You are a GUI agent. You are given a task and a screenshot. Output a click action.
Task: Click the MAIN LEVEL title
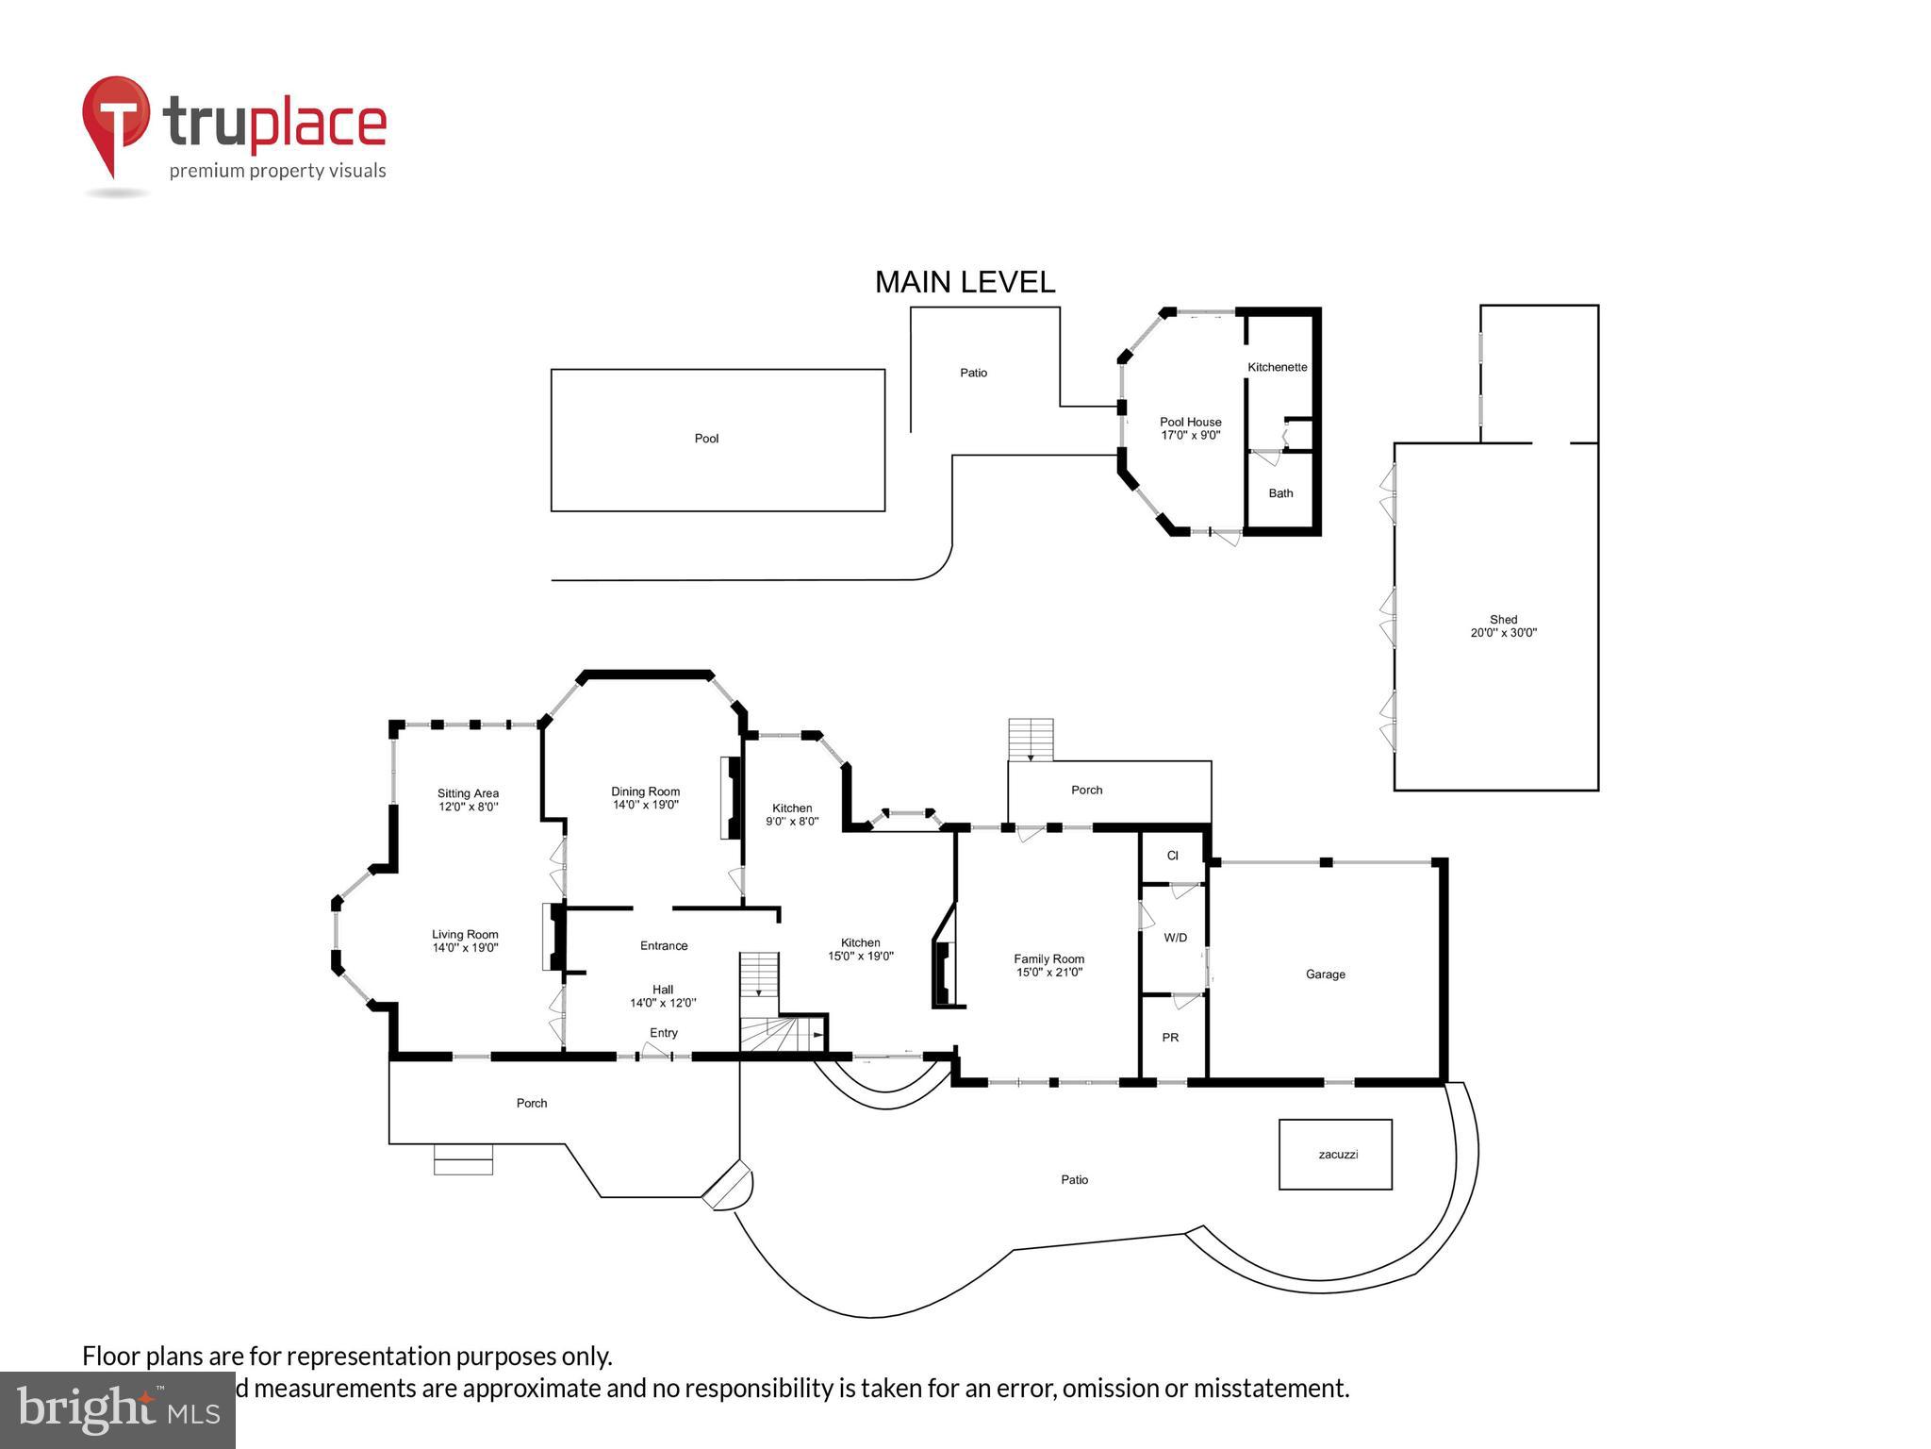click(965, 282)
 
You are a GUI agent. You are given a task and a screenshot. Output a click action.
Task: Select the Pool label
click(706, 439)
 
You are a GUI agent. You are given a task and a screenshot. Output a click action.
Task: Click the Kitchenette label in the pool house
click(1277, 367)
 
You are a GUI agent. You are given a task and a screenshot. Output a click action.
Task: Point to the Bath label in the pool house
click(1280, 493)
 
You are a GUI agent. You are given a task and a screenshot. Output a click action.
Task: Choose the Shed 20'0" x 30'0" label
click(1503, 626)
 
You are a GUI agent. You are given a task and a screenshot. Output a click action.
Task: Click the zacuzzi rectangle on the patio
click(1335, 1154)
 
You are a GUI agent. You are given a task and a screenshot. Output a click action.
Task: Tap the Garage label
click(1325, 974)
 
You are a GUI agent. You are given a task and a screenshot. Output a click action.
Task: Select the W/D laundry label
click(1175, 938)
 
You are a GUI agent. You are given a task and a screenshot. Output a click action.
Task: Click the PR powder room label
click(1170, 1038)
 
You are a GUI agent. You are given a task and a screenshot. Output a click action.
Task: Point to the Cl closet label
click(1172, 856)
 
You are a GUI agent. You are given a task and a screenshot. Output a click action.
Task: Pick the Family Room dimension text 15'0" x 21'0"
click(1048, 973)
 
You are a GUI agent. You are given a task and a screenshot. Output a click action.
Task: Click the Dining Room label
click(645, 791)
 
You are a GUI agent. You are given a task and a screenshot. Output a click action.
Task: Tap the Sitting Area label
click(468, 793)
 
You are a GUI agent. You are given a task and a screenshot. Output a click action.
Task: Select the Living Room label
click(465, 935)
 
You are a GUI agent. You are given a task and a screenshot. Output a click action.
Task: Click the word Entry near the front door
click(664, 1033)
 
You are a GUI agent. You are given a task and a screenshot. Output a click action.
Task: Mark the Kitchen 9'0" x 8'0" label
click(792, 814)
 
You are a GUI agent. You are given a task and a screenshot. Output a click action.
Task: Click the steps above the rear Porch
click(1031, 739)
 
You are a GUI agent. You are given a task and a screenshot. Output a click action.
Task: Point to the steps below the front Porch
click(463, 1159)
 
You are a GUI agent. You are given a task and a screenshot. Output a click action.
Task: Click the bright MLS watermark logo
click(118, 1410)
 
